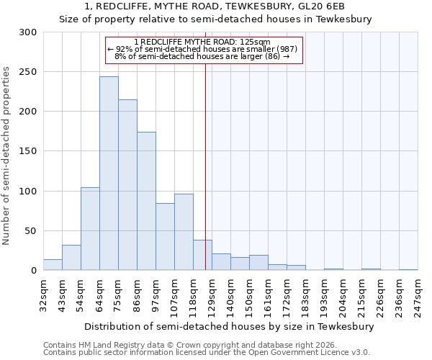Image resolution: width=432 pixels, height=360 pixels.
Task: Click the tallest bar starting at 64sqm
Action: (109, 174)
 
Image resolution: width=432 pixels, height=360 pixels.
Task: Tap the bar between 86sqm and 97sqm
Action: (146, 201)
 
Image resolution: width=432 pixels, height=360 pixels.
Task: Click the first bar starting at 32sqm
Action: (53, 265)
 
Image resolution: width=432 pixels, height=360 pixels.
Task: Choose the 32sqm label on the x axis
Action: (43, 294)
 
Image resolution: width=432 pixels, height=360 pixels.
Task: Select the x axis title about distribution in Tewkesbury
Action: (230, 326)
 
